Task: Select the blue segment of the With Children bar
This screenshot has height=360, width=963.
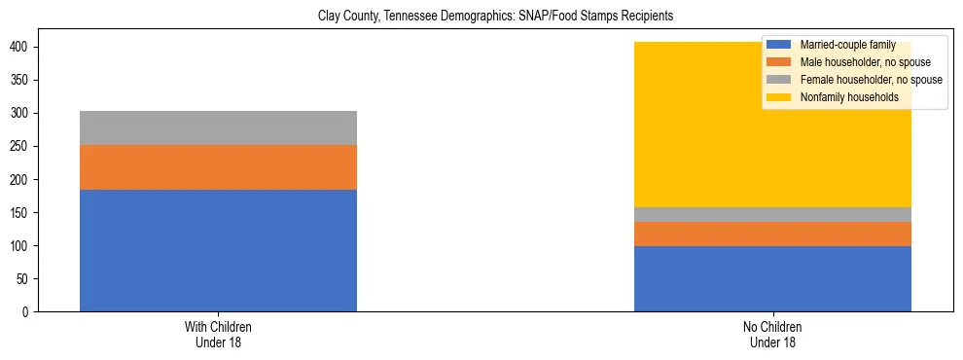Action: pos(218,250)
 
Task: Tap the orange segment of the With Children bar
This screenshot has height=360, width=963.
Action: pos(218,167)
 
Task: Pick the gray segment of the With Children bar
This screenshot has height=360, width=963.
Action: pos(218,127)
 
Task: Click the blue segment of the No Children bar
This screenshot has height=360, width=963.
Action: pos(772,278)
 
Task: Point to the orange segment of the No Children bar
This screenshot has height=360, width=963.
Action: pos(772,234)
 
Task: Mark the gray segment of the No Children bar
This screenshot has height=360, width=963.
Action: pos(772,214)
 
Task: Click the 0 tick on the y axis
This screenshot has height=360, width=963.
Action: pos(28,312)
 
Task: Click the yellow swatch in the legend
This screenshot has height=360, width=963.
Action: pos(778,97)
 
